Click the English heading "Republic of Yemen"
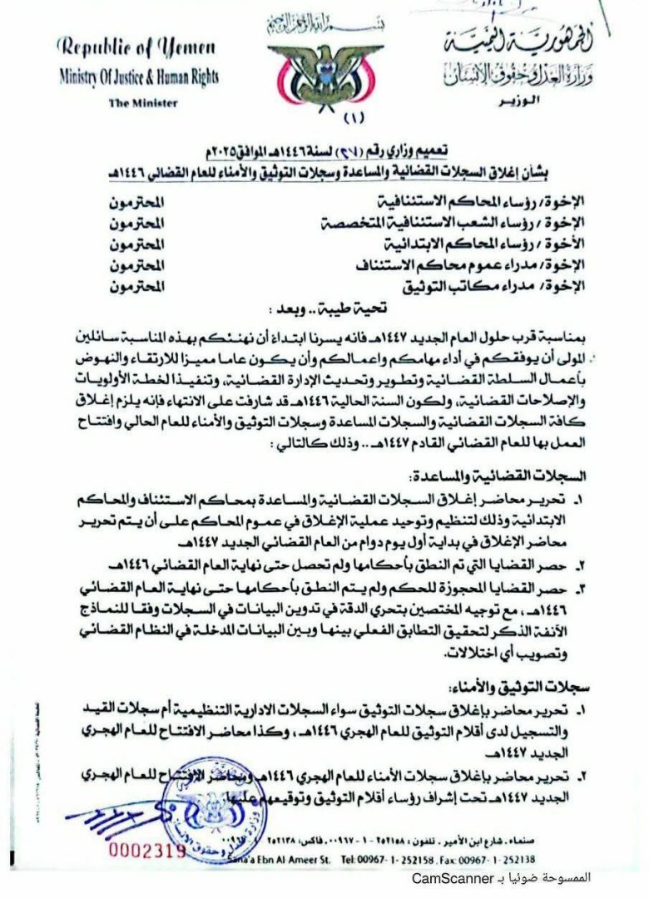point(136,47)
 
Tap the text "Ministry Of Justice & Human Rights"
point(139,77)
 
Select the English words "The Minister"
point(137,103)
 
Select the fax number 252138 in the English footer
point(491,860)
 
